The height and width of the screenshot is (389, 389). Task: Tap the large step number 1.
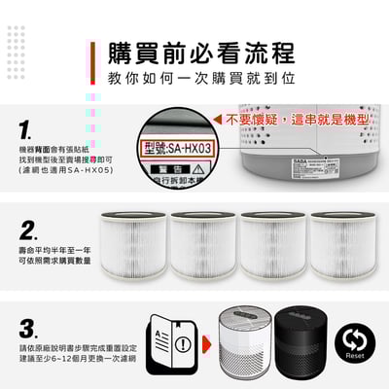pyautogui.click(x=26, y=128)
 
